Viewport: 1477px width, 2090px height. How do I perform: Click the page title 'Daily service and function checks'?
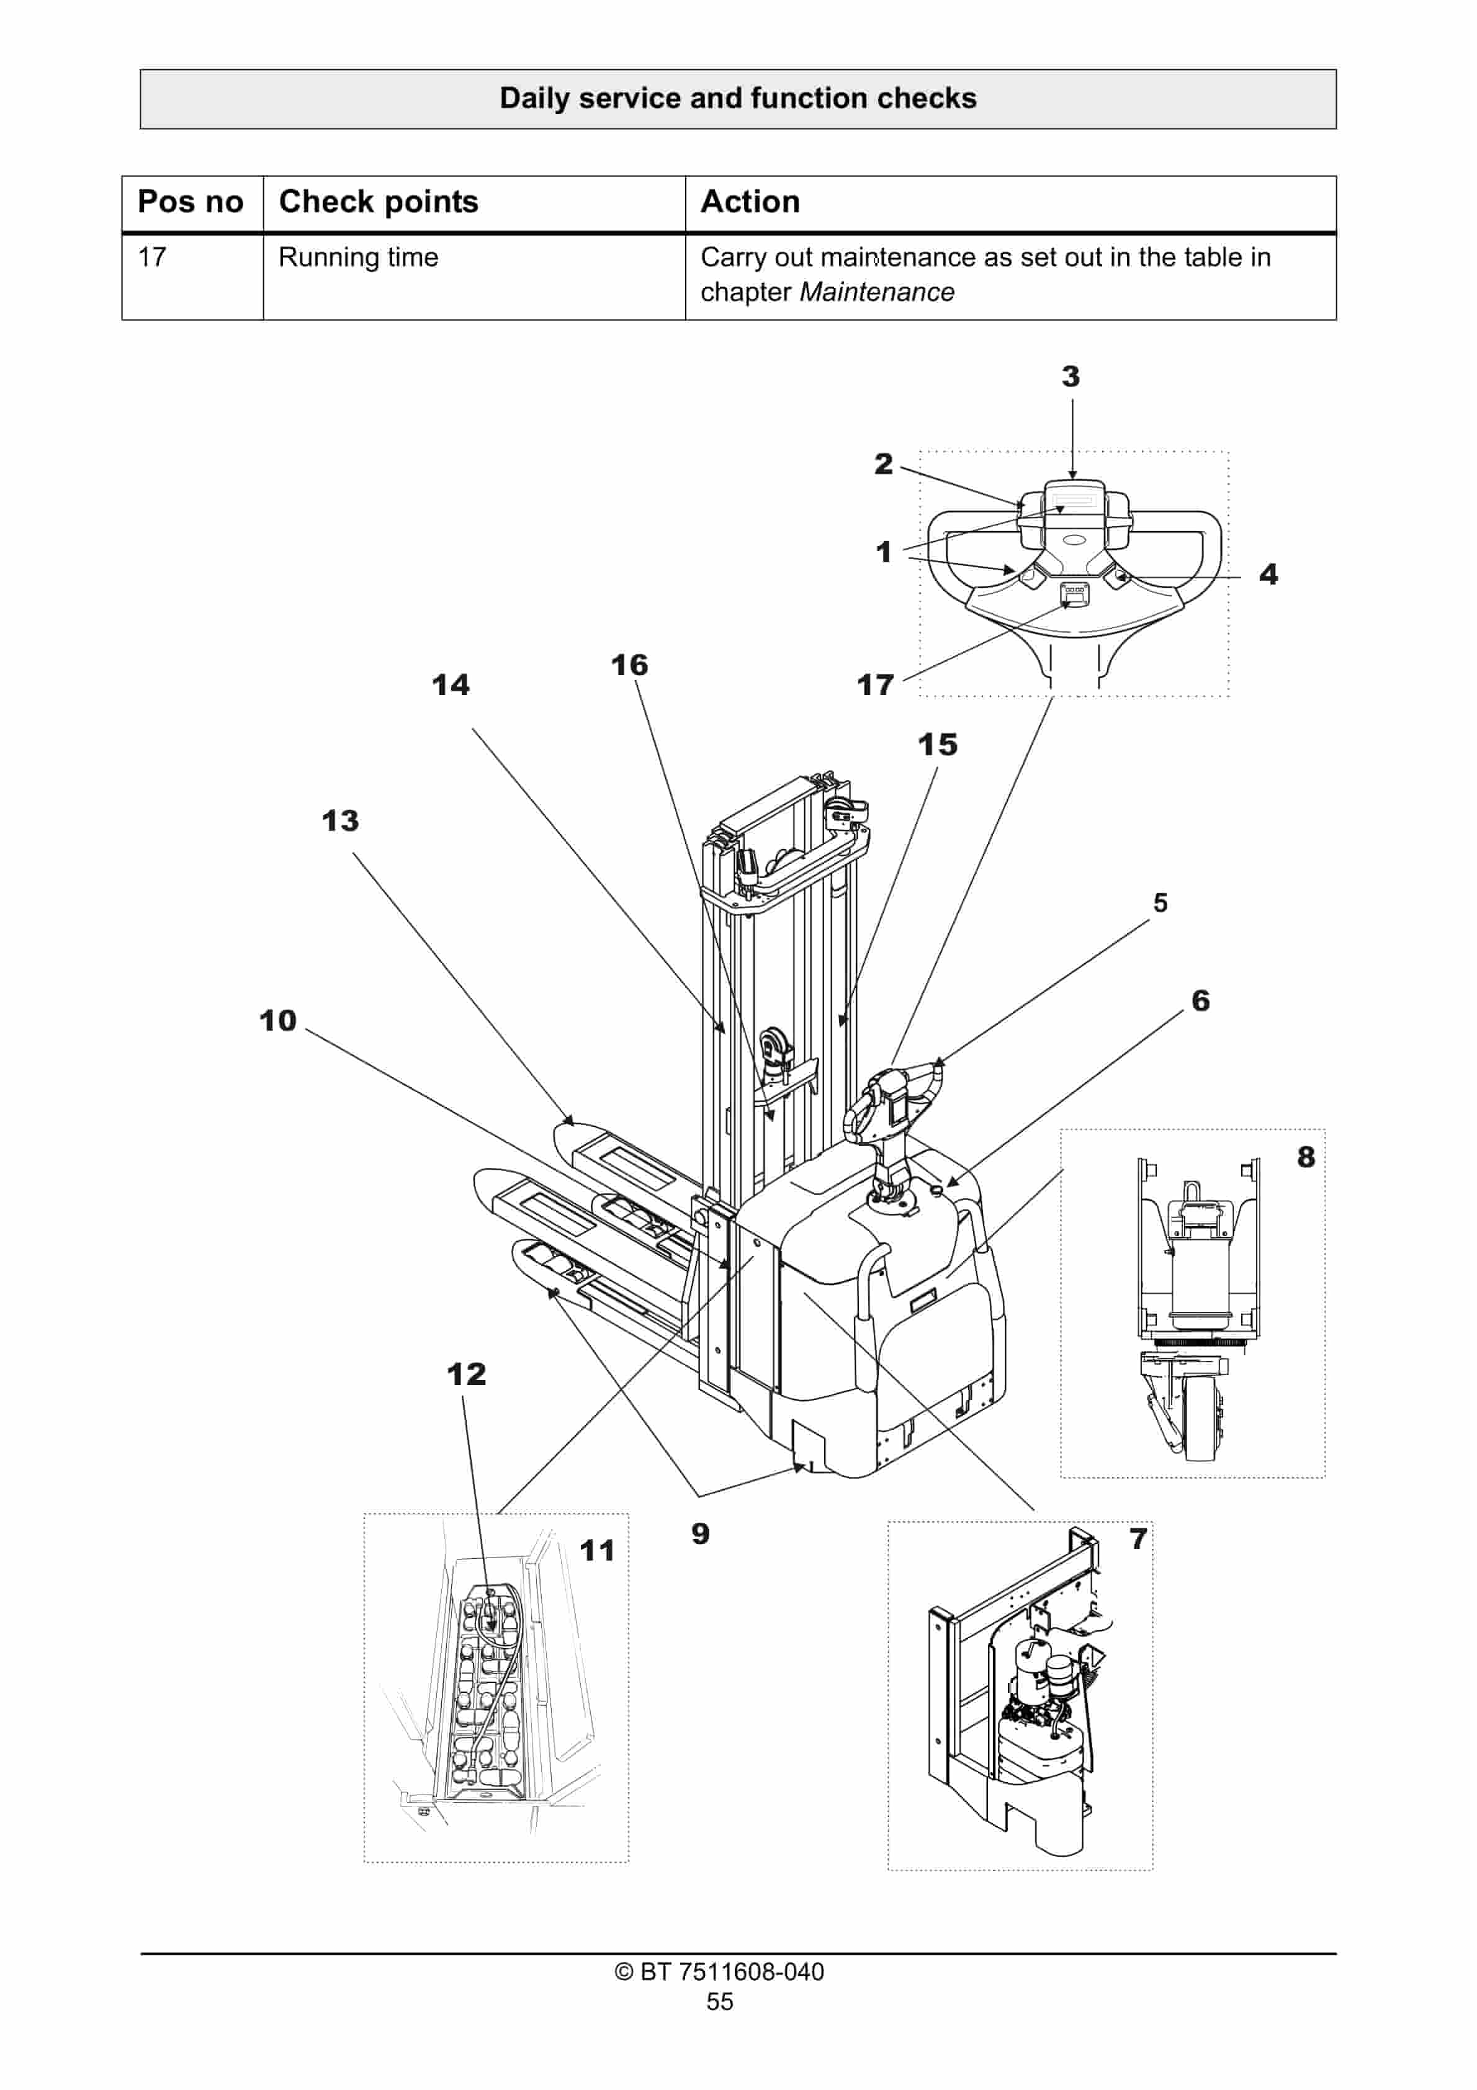click(x=738, y=98)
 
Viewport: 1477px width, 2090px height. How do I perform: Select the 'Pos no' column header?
click(x=191, y=201)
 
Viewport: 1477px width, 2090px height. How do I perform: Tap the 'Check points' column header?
click(x=378, y=201)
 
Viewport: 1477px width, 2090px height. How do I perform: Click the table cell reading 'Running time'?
click(x=358, y=258)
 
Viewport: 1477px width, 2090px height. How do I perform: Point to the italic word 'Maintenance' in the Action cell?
click(x=876, y=292)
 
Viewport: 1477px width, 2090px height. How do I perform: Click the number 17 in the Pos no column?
click(x=152, y=258)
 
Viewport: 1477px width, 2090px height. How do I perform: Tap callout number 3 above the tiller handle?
click(x=1071, y=377)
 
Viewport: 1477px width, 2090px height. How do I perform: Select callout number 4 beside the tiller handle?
click(x=1268, y=575)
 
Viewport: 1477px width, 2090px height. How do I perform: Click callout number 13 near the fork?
click(x=341, y=821)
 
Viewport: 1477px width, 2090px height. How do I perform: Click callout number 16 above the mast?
click(x=629, y=665)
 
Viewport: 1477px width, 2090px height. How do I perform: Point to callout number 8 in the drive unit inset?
click(x=1306, y=1157)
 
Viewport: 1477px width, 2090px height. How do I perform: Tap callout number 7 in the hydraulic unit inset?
click(x=1138, y=1538)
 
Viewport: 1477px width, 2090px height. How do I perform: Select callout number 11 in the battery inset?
click(x=598, y=1550)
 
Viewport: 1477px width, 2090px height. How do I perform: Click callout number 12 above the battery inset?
click(x=466, y=1374)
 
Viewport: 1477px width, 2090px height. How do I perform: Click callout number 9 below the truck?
click(x=699, y=1534)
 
